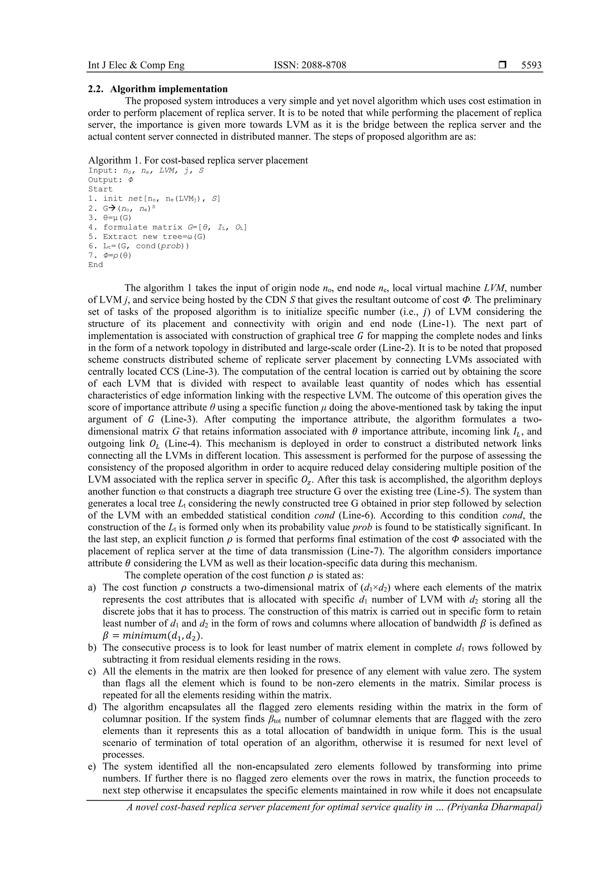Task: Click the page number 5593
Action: [x=531, y=65]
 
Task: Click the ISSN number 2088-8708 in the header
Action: [x=310, y=65]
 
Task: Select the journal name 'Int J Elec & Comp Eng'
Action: [x=136, y=65]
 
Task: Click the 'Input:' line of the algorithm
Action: [x=146, y=170]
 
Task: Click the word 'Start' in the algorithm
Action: [x=100, y=189]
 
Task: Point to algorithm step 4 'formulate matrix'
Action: [x=167, y=227]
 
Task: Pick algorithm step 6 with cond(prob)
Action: [x=138, y=246]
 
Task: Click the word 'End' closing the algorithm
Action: [x=95, y=265]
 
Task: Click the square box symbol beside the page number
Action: [x=502, y=65]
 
